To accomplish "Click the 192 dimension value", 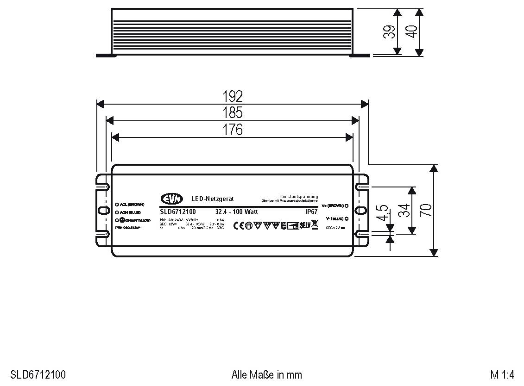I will (232, 96).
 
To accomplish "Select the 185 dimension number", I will (232, 113).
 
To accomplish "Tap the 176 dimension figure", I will (232, 130).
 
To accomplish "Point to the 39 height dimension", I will (390, 31).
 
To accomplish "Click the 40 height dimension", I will (411, 31).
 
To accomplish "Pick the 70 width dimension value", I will (426, 210).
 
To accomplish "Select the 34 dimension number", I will (404, 210).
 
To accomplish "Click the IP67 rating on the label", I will (311, 212).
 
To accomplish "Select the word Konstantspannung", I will (298, 197).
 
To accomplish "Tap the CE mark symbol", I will (238, 225).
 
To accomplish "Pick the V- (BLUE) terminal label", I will (334, 218).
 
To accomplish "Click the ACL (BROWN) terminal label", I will (132, 204).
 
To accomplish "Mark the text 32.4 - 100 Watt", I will (236, 212).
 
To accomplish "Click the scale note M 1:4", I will (502, 374).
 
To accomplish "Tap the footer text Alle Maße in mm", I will (266, 374).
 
